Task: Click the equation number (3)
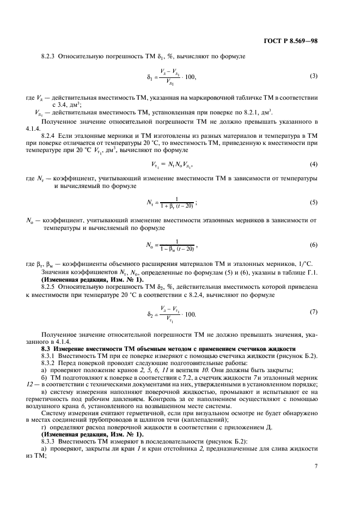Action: [314, 76]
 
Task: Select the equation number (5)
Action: [314, 203]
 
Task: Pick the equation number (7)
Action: [314, 312]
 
